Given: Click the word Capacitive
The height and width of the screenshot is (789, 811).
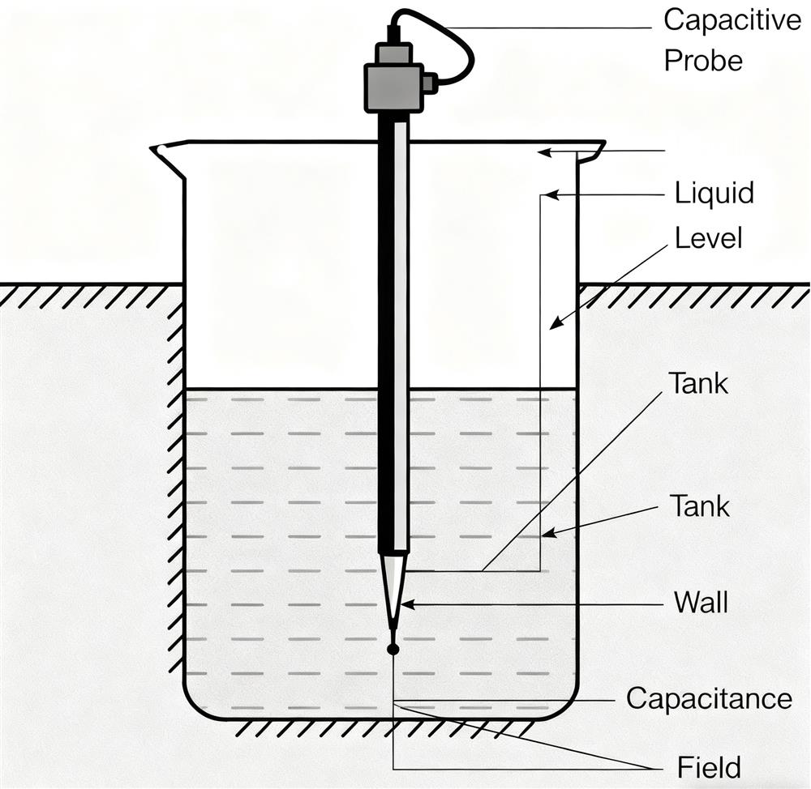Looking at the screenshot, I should (x=732, y=20).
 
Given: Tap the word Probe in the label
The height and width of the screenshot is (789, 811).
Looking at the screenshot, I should (x=703, y=61).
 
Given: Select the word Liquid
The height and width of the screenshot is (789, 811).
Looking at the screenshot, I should (x=714, y=194).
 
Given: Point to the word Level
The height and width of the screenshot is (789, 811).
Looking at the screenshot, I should (x=708, y=239).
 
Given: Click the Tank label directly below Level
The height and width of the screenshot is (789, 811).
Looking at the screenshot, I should (x=698, y=383).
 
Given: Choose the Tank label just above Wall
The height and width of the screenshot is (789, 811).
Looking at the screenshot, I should (x=700, y=506).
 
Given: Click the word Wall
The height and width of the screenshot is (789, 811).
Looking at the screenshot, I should (x=701, y=603).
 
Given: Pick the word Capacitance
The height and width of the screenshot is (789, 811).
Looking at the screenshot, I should (x=709, y=698).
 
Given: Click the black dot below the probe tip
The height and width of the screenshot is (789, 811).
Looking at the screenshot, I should (x=393, y=649).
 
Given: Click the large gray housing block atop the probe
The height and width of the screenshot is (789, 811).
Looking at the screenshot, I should (x=393, y=87).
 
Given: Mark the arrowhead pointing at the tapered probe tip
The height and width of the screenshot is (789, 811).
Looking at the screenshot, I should (x=406, y=603).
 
